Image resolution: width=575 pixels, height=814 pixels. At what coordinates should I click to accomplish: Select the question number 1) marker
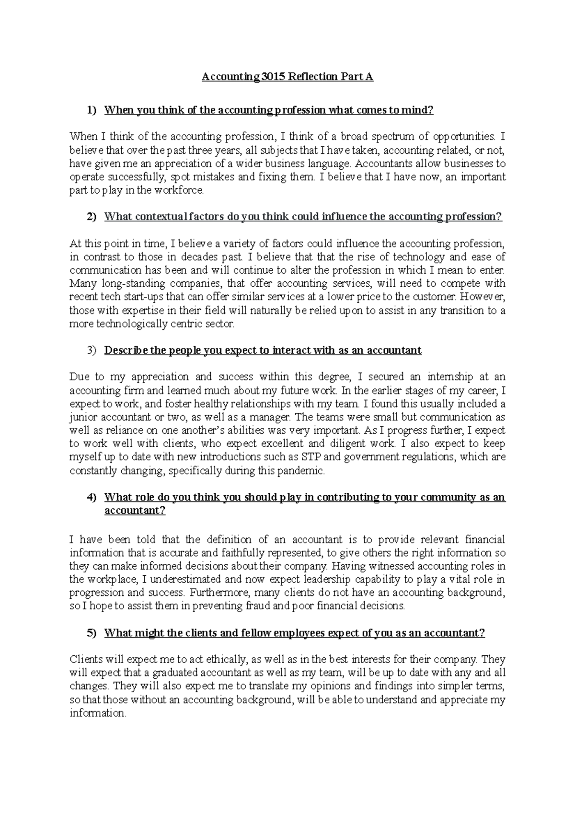(91, 110)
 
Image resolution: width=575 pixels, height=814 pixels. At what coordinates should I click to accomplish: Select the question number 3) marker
(91, 350)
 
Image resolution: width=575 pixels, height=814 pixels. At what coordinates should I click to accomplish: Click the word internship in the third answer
(440, 377)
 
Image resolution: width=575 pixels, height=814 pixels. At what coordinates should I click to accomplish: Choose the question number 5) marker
(91, 633)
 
